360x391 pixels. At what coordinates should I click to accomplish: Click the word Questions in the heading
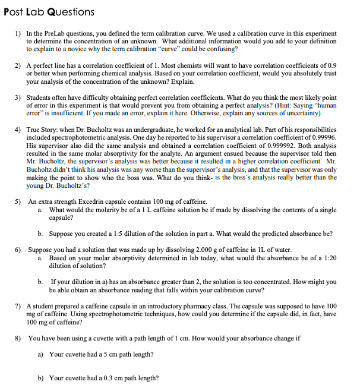[70, 11]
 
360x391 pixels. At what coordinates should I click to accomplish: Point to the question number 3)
[18, 97]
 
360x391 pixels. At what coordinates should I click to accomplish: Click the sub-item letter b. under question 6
[40, 282]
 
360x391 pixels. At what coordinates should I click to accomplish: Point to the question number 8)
[18, 338]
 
